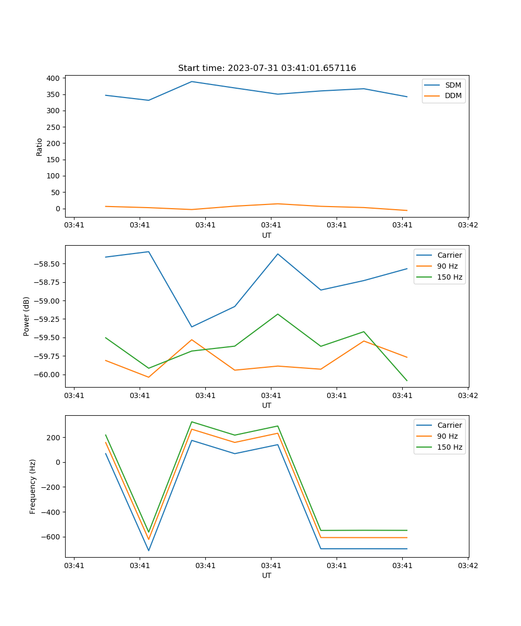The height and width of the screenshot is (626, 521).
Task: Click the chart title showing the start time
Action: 267,68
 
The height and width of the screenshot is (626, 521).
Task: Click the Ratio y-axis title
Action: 40,147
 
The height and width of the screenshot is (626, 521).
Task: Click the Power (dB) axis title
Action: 27,316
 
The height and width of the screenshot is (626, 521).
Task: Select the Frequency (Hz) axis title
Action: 33,486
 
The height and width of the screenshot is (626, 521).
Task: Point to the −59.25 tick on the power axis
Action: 49,319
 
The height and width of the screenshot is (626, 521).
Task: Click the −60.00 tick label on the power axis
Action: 49,375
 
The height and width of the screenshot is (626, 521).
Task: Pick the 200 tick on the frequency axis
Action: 54,437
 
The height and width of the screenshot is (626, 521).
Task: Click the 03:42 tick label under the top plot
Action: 468,225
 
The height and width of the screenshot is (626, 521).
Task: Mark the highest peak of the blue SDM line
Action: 192,81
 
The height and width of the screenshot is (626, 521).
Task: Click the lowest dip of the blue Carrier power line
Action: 192,327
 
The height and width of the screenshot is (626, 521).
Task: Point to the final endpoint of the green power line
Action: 407,380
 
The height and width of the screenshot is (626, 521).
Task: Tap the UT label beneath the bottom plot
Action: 267,575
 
